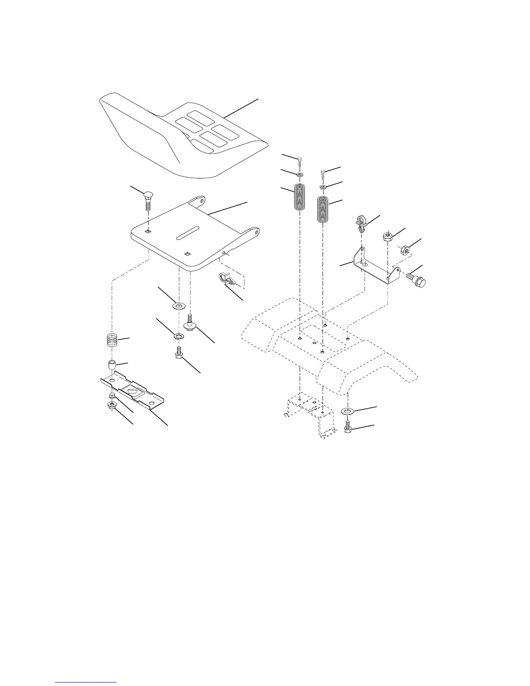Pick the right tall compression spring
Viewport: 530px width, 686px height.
pos(323,210)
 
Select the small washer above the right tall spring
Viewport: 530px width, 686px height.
pos(323,187)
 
